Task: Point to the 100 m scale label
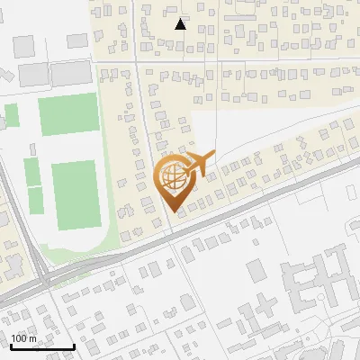coord(24,337)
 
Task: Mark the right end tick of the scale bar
coord(74,346)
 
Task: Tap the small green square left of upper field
coord(12,115)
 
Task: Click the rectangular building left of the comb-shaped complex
coord(256,269)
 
